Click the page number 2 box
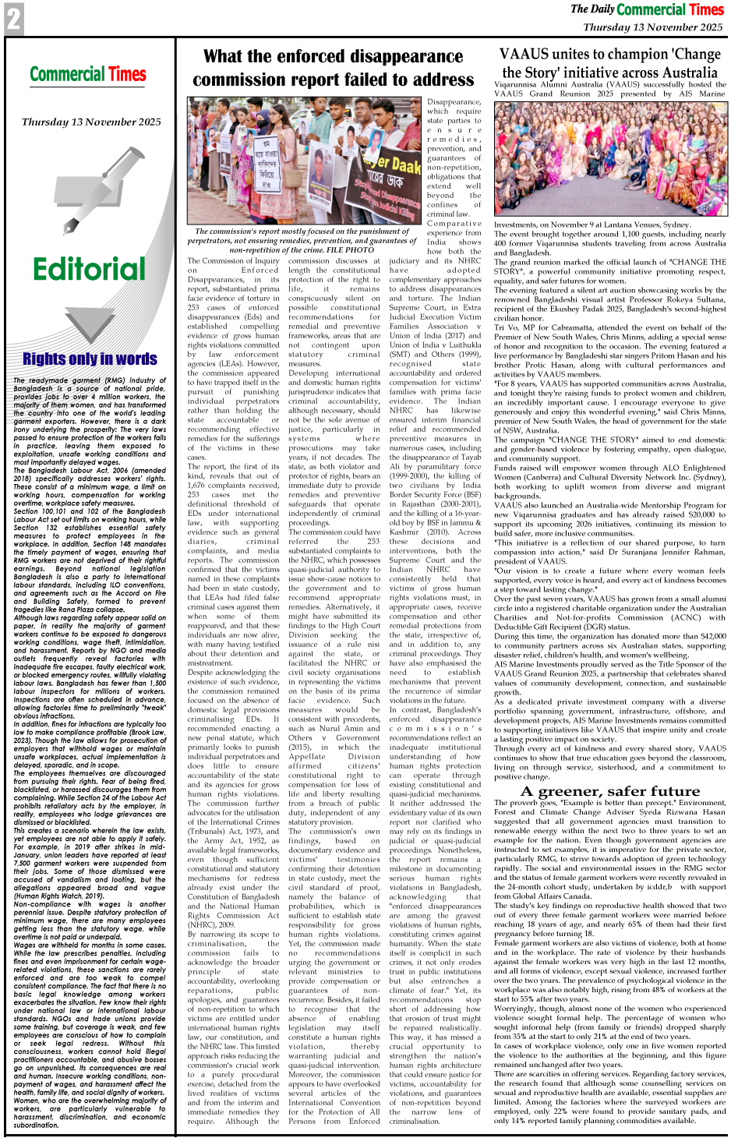pyautogui.click(x=14, y=19)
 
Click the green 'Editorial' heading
pyautogui.click(x=90, y=270)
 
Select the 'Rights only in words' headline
pyautogui.click(x=90, y=359)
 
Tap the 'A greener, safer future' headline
pyautogui.click(x=610, y=790)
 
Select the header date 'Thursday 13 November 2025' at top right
pyautogui.click(x=653, y=27)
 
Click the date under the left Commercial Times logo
pyautogui.click(x=91, y=122)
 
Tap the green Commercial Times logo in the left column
pyautogui.click(x=88, y=75)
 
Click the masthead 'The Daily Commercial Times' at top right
pyautogui.click(x=647, y=9)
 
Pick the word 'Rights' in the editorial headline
pyautogui.click(x=45, y=359)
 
